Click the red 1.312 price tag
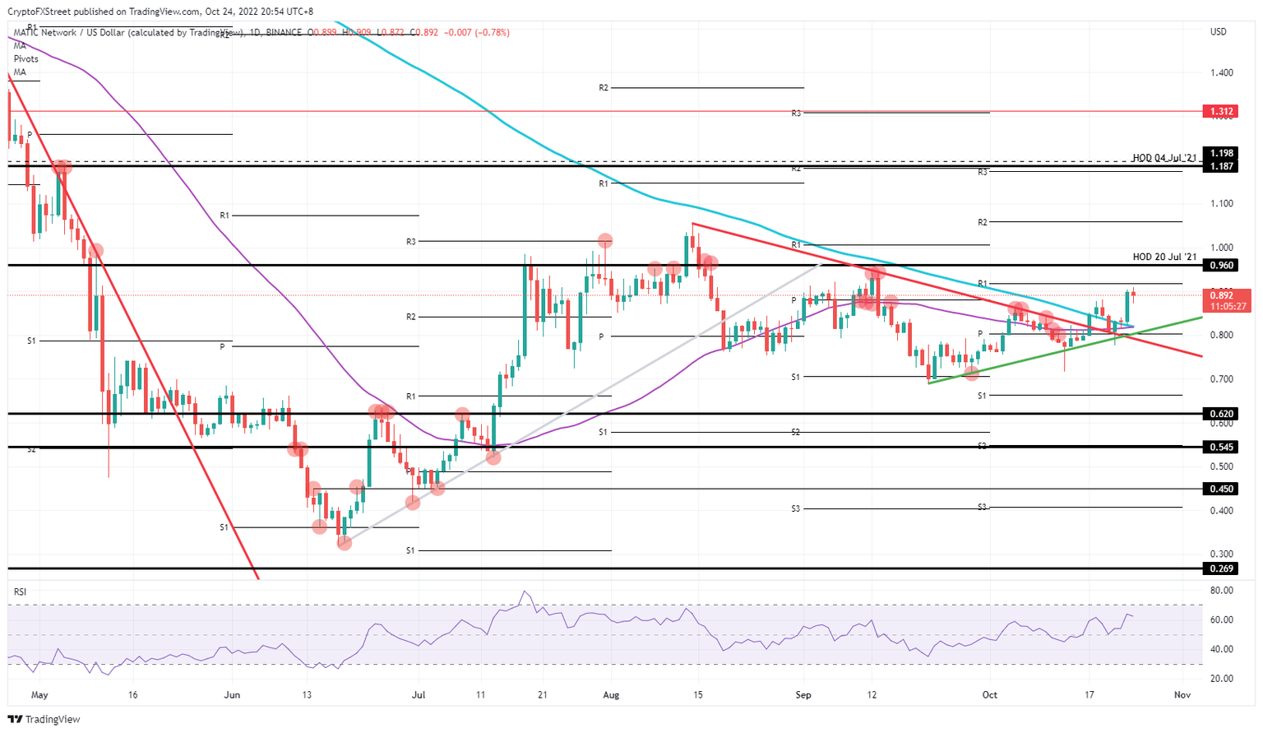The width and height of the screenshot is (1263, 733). pyautogui.click(x=1219, y=111)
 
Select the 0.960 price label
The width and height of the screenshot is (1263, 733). pyautogui.click(x=1219, y=266)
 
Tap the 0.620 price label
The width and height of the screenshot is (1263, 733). pyautogui.click(x=1219, y=414)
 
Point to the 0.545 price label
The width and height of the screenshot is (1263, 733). pyautogui.click(x=1219, y=448)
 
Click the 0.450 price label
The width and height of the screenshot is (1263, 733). pyautogui.click(x=1219, y=489)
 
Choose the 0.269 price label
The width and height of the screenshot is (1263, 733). pyautogui.click(x=1219, y=568)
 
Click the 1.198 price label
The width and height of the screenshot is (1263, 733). pyautogui.click(x=1219, y=153)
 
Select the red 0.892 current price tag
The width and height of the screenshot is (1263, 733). pyautogui.click(x=1220, y=295)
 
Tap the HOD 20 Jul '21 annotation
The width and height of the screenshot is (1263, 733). pyautogui.click(x=1164, y=257)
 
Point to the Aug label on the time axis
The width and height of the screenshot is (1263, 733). pyautogui.click(x=610, y=695)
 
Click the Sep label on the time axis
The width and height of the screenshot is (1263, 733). pyautogui.click(x=803, y=695)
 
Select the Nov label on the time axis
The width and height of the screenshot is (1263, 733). pyautogui.click(x=1182, y=695)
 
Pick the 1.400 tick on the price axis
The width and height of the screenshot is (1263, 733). pyautogui.click(x=1221, y=73)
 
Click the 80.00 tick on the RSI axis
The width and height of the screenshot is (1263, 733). pyautogui.click(x=1221, y=591)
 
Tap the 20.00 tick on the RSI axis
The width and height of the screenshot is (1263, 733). pyautogui.click(x=1221, y=679)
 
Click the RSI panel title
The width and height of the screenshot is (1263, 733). pyautogui.click(x=20, y=592)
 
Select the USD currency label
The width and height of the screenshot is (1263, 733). pyautogui.click(x=1218, y=32)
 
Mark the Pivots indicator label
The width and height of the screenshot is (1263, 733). pyautogui.click(x=26, y=59)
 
